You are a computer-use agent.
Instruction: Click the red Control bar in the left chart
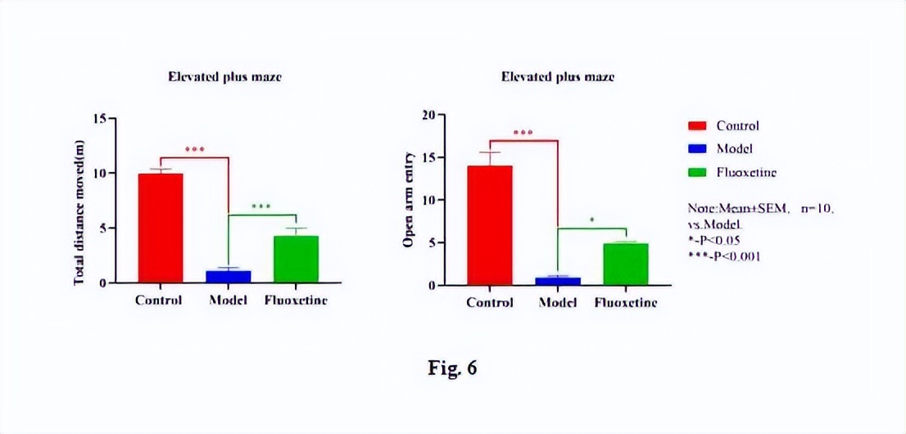(x=161, y=228)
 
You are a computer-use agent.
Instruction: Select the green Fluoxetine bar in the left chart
(x=296, y=259)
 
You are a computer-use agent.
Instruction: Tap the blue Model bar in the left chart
(x=229, y=277)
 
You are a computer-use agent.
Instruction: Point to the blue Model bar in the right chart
(x=558, y=281)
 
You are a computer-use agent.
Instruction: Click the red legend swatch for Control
(x=696, y=126)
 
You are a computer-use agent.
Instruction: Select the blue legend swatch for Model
(x=696, y=149)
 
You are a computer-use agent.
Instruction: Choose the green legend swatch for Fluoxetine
(x=696, y=173)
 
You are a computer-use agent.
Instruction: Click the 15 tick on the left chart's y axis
(x=101, y=118)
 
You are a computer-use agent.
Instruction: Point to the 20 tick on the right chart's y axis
(x=428, y=115)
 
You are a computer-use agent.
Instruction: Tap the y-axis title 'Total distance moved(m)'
(x=80, y=214)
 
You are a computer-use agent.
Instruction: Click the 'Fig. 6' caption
(x=452, y=368)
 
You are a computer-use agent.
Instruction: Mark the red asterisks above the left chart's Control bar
(x=194, y=150)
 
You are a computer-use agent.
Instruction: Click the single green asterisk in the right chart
(x=591, y=220)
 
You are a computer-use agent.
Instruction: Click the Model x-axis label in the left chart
(x=229, y=300)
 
